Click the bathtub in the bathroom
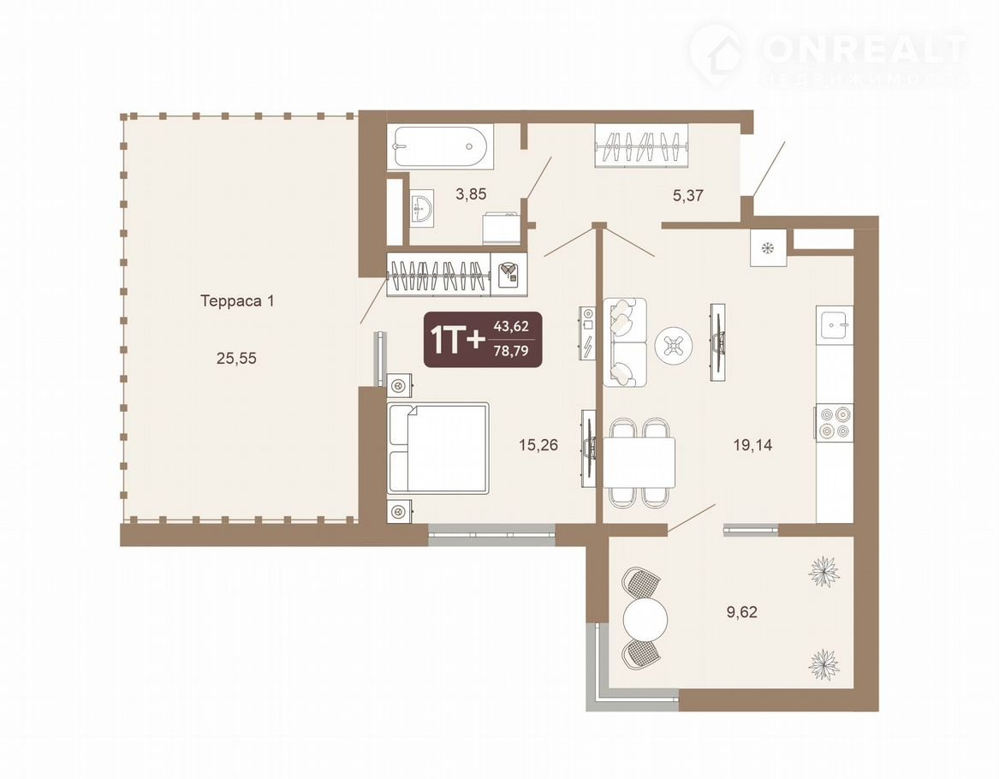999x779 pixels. tap(440, 146)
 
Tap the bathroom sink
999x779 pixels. tap(421, 207)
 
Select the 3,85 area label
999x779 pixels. tap(471, 194)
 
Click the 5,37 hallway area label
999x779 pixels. tap(688, 195)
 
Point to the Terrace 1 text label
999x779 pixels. tap(237, 300)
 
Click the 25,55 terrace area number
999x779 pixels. tap(236, 359)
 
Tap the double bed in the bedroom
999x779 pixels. tap(438, 448)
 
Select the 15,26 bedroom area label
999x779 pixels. tap(538, 445)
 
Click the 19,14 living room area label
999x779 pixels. tap(753, 445)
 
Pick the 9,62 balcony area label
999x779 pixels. tap(742, 613)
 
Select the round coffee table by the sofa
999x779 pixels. tap(674, 346)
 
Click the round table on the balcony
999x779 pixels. tap(645, 618)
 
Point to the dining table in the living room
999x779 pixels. tap(639, 463)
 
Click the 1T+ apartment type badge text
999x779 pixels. tap(458, 341)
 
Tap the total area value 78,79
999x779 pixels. tap(511, 350)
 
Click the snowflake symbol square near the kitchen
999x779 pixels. tap(769, 247)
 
